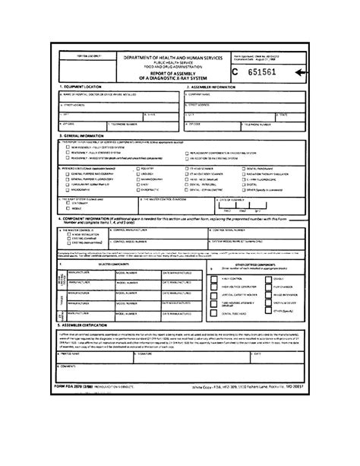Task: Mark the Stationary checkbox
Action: pos(66,204)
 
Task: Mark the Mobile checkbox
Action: pos(66,209)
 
